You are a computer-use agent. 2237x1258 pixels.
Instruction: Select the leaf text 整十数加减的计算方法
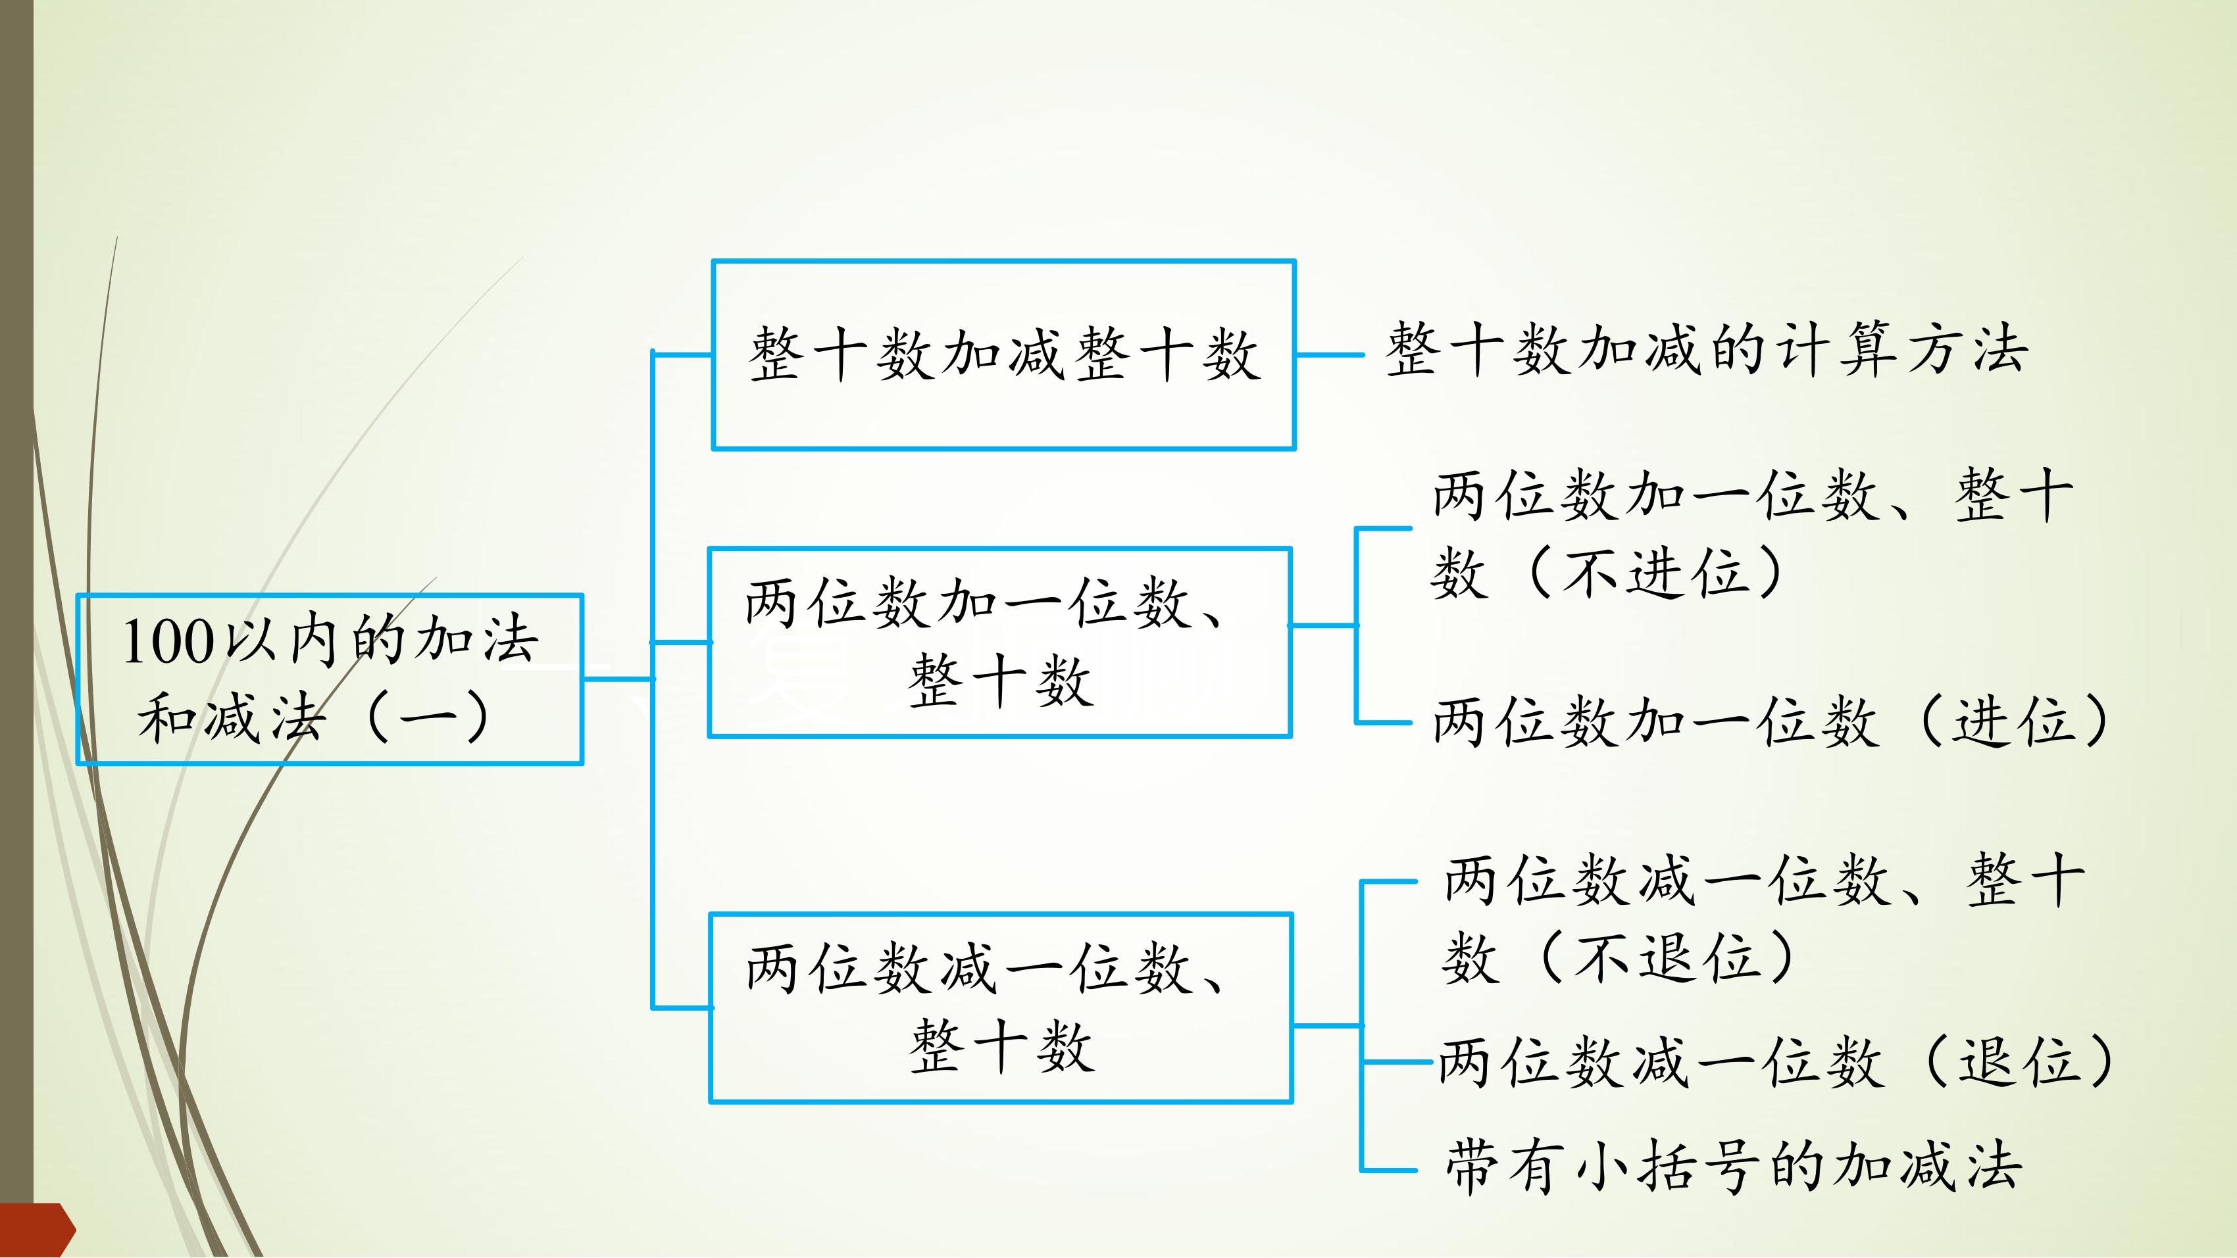click(x=1707, y=349)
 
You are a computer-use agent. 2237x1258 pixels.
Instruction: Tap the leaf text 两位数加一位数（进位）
click(x=1772, y=721)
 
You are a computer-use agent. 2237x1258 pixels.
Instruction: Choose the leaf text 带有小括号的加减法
click(x=1733, y=1166)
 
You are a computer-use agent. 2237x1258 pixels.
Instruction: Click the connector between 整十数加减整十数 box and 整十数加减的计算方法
click(x=1330, y=354)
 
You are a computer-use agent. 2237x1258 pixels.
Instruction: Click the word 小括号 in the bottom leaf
click(x=1637, y=1166)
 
